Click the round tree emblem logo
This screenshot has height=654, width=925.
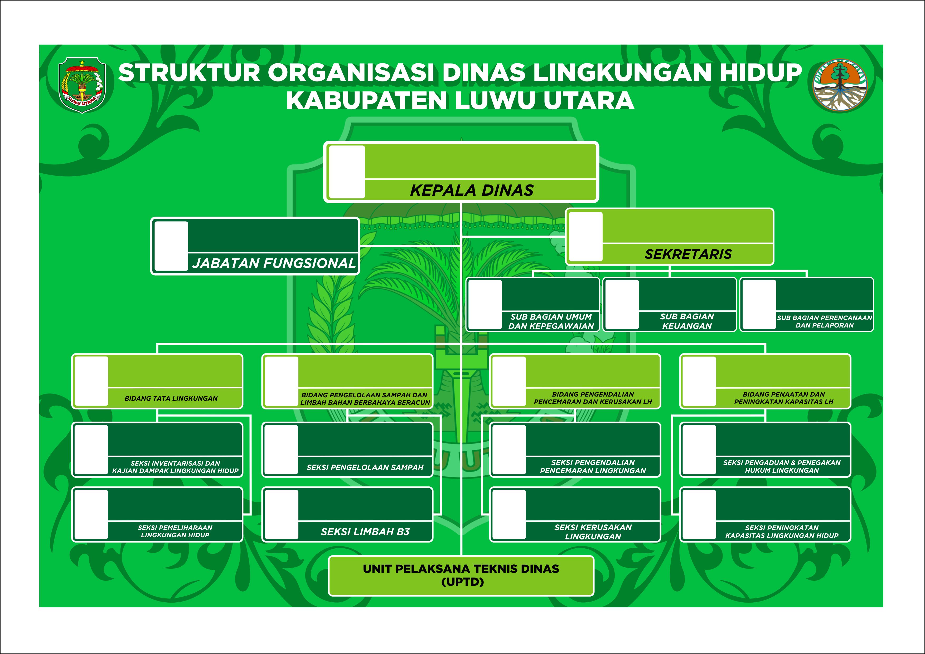pyautogui.click(x=840, y=85)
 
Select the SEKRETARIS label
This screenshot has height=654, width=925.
pyautogui.click(x=688, y=254)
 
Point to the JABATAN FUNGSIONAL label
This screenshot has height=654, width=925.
pyautogui.click(x=274, y=263)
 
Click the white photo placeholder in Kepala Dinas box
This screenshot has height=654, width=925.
pyautogui.click(x=347, y=172)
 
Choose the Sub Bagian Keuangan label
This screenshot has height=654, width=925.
pyautogui.click(x=687, y=321)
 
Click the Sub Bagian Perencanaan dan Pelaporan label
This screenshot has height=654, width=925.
pyautogui.click(x=824, y=321)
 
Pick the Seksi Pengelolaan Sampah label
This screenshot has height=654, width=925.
pyautogui.click(x=365, y=467)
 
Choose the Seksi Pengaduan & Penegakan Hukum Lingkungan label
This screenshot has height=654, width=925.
pyautogui.click(x=782, y=466)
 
